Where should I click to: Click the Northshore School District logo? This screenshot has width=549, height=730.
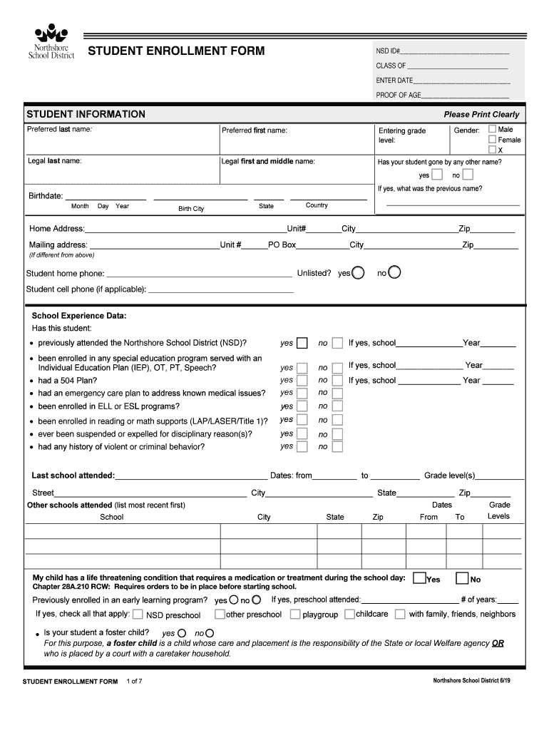pyautogui.click(x=51, y=43)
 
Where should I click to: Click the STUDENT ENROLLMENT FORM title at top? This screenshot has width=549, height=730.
pyautogui.click(x=175, y=51)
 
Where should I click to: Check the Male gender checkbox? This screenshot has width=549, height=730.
pyautogui.click(x=492, y=129)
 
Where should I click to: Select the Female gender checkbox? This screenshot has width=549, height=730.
pyautogui.click(x=492, y=140)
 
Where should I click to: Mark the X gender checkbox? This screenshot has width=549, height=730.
pyautogui.click(x=492, y=150)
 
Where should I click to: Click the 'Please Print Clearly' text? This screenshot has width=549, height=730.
pyautogui.click(x=481, y=115)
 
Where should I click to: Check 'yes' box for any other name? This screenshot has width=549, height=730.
pyautogui.click(x=437, y=175)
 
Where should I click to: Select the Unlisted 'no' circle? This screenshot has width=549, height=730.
pyautogui.click(x=394, y=272)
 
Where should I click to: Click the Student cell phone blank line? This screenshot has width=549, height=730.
pyautogui.click(x=220, y=289)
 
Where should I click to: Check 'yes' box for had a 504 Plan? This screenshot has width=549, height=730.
pyautogui.click(x=302, y=381)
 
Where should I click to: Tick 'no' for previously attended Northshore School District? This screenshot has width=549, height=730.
pyautogui.click(x=337, y=343)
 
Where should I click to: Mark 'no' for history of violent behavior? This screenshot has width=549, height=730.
pyautogui.click(x=337, y=447)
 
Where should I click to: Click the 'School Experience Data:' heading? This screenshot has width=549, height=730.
pyautogui.click(x=78, y=316)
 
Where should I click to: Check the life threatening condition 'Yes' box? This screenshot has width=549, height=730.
pyautogui.click(x=420, y=578)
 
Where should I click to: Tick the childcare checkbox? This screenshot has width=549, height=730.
pyautogui.click(x=350, y=614)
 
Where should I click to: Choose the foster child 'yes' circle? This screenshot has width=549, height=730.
pyautogui.click(x=182, y=633)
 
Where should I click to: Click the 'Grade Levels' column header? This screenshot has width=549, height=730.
pyautogui.click(x=499, y=510)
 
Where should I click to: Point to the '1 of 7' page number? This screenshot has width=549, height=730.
pyautogui.click(x=134, y=682)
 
